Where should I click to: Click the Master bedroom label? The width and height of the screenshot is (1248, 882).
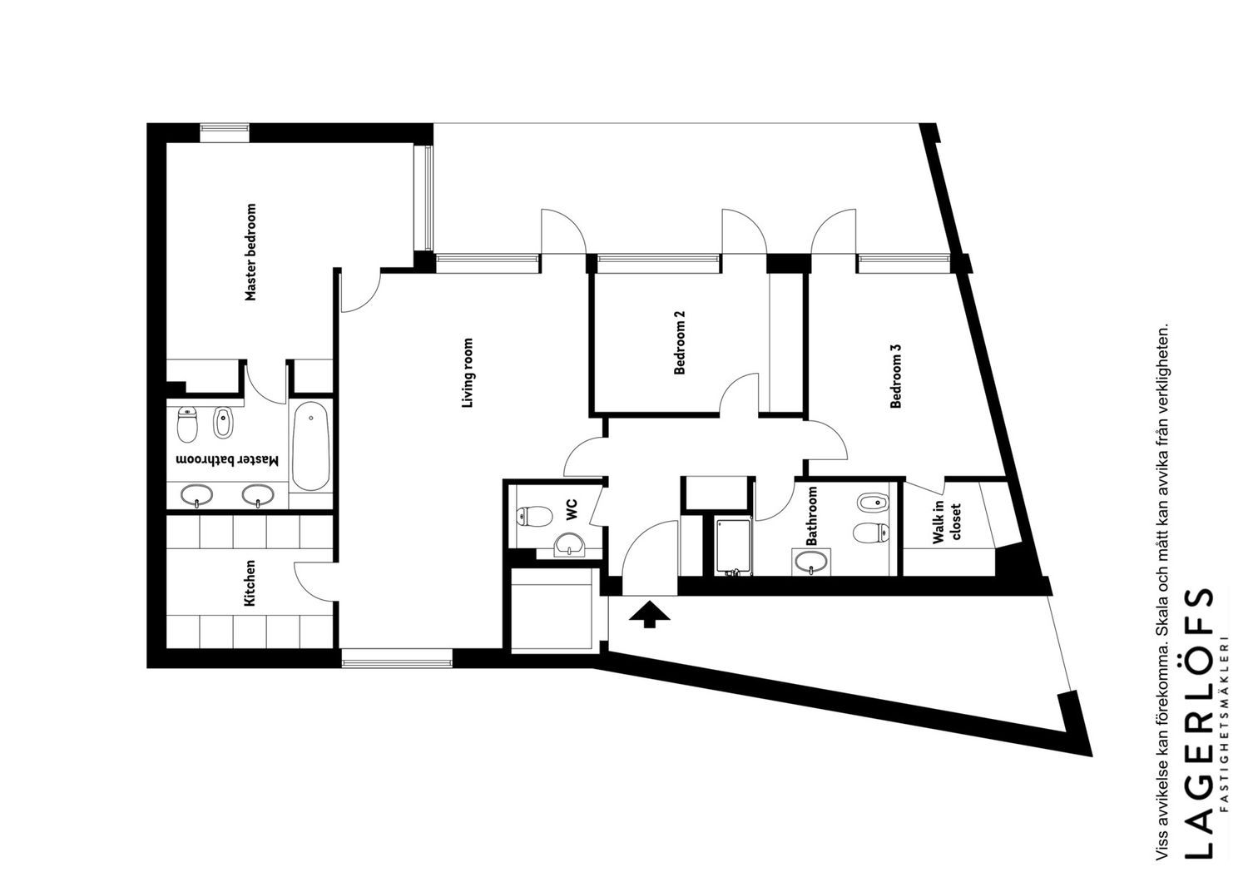[251, 252]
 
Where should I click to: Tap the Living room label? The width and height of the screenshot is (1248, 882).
[468, 373]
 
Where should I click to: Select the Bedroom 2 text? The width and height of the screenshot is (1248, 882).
[679, 342]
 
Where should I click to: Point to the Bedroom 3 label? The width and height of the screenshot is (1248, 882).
[896, 375]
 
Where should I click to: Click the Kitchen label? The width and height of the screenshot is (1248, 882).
[250, 582]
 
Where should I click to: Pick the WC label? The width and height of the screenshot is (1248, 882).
[572, 510]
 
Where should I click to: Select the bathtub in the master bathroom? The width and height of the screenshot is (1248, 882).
[310, 446]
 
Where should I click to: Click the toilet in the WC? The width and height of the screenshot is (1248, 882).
[534, 515]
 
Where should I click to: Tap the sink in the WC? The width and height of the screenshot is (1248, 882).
[569, 544]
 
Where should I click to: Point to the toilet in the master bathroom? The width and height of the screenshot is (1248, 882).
[187, 424]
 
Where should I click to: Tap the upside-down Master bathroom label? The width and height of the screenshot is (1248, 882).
[227, 460]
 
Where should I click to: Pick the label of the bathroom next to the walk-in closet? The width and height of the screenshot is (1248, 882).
[812, 516]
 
